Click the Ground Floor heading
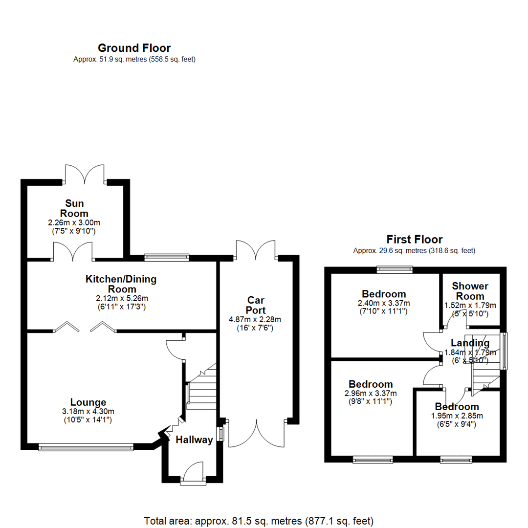pos(134,48)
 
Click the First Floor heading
pos(414,240)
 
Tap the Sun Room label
pos(74,208)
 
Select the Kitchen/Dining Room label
pos(121,284)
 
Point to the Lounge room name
pos(88,402)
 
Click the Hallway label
pos(194,440)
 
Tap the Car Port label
pos(256,305)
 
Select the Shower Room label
pos(470,291)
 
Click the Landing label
pos(470,343)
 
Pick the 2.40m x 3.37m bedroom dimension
pos(384,303)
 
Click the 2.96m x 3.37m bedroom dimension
pos(371,393)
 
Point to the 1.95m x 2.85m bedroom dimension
pos(457,416)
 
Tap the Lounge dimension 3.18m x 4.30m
pos(88,411)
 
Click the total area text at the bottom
pos(259,521)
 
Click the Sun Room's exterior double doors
pos(85,175)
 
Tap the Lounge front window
pos(86,447)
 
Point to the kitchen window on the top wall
pos(167,258)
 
